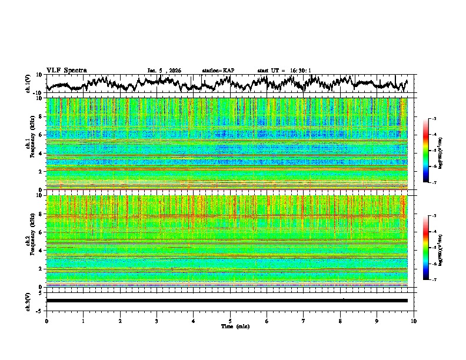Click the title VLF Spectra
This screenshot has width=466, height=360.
pyautogui.click(x=66, y=70)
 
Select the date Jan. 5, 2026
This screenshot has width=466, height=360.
pyautogui.click(x=164, y=71)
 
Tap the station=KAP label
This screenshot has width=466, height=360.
pyautogui.click(x=218, y=71)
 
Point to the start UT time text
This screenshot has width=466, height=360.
pyautogui.click(x=284, y=71)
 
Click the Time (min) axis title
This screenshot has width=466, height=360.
pyautogui.click(x=230, y=326)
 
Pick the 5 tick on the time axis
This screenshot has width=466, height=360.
pyautogui.click(x=230, y=321)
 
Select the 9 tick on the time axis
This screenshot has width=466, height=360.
pyautogui.click(x=377, y=321)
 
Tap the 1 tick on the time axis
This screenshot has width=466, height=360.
pyautogui.click(x=83, y=321)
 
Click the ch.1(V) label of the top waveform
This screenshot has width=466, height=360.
pyautogui.click(x=28, y=84)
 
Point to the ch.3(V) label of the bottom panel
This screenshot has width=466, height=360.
pyautogui.click(x=28, y=301)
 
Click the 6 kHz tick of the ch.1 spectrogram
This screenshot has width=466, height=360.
pyautogui.click(x=41, y=135)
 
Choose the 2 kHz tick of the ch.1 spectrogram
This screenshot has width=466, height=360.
pyautogui.click(x=41, y=172)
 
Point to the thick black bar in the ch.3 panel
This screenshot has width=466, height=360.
pyautogui.click(x=227, y=301)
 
